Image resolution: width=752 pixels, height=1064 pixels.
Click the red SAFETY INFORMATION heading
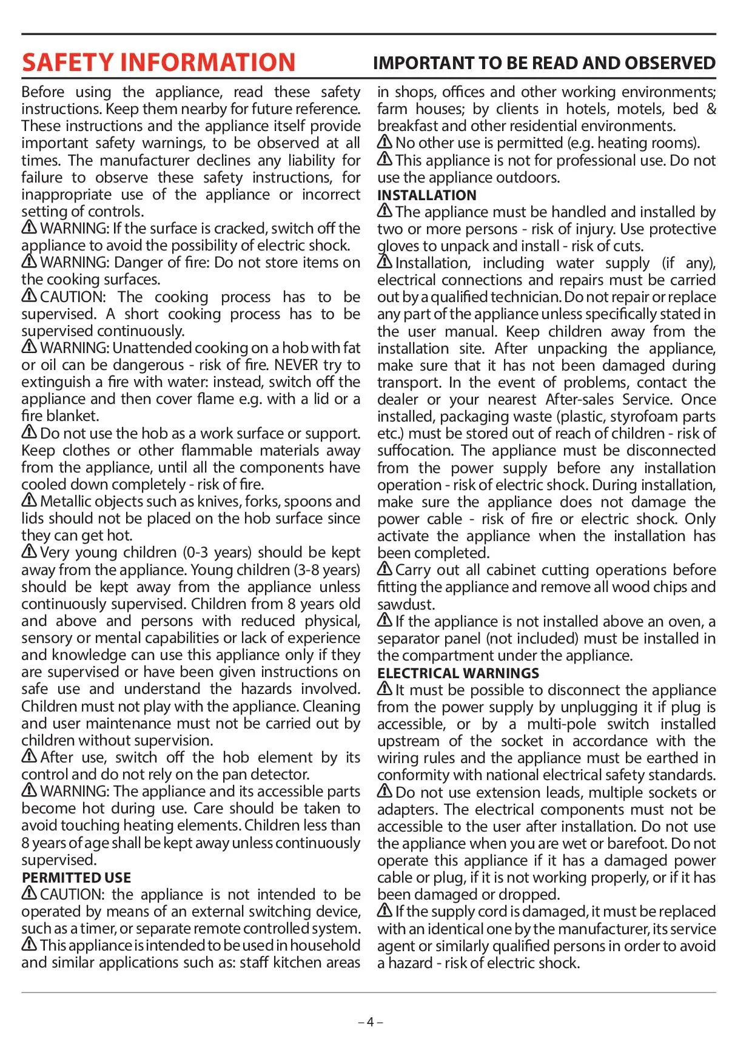[158, 62]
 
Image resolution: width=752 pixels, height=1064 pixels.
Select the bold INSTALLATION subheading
[426, 195]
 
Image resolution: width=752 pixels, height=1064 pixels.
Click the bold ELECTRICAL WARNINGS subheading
[458, 673]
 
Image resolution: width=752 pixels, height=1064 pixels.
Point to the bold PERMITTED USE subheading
[76, 878]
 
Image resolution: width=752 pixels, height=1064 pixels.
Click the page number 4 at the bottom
[370, 1022]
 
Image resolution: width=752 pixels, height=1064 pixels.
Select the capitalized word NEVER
[296, 365]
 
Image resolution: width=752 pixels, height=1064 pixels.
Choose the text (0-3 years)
[217, 553]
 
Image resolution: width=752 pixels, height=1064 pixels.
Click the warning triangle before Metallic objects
[29, 500]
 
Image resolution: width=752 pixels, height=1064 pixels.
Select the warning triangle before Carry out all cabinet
[384, 569]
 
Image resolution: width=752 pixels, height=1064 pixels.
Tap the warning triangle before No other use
[384, 142]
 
